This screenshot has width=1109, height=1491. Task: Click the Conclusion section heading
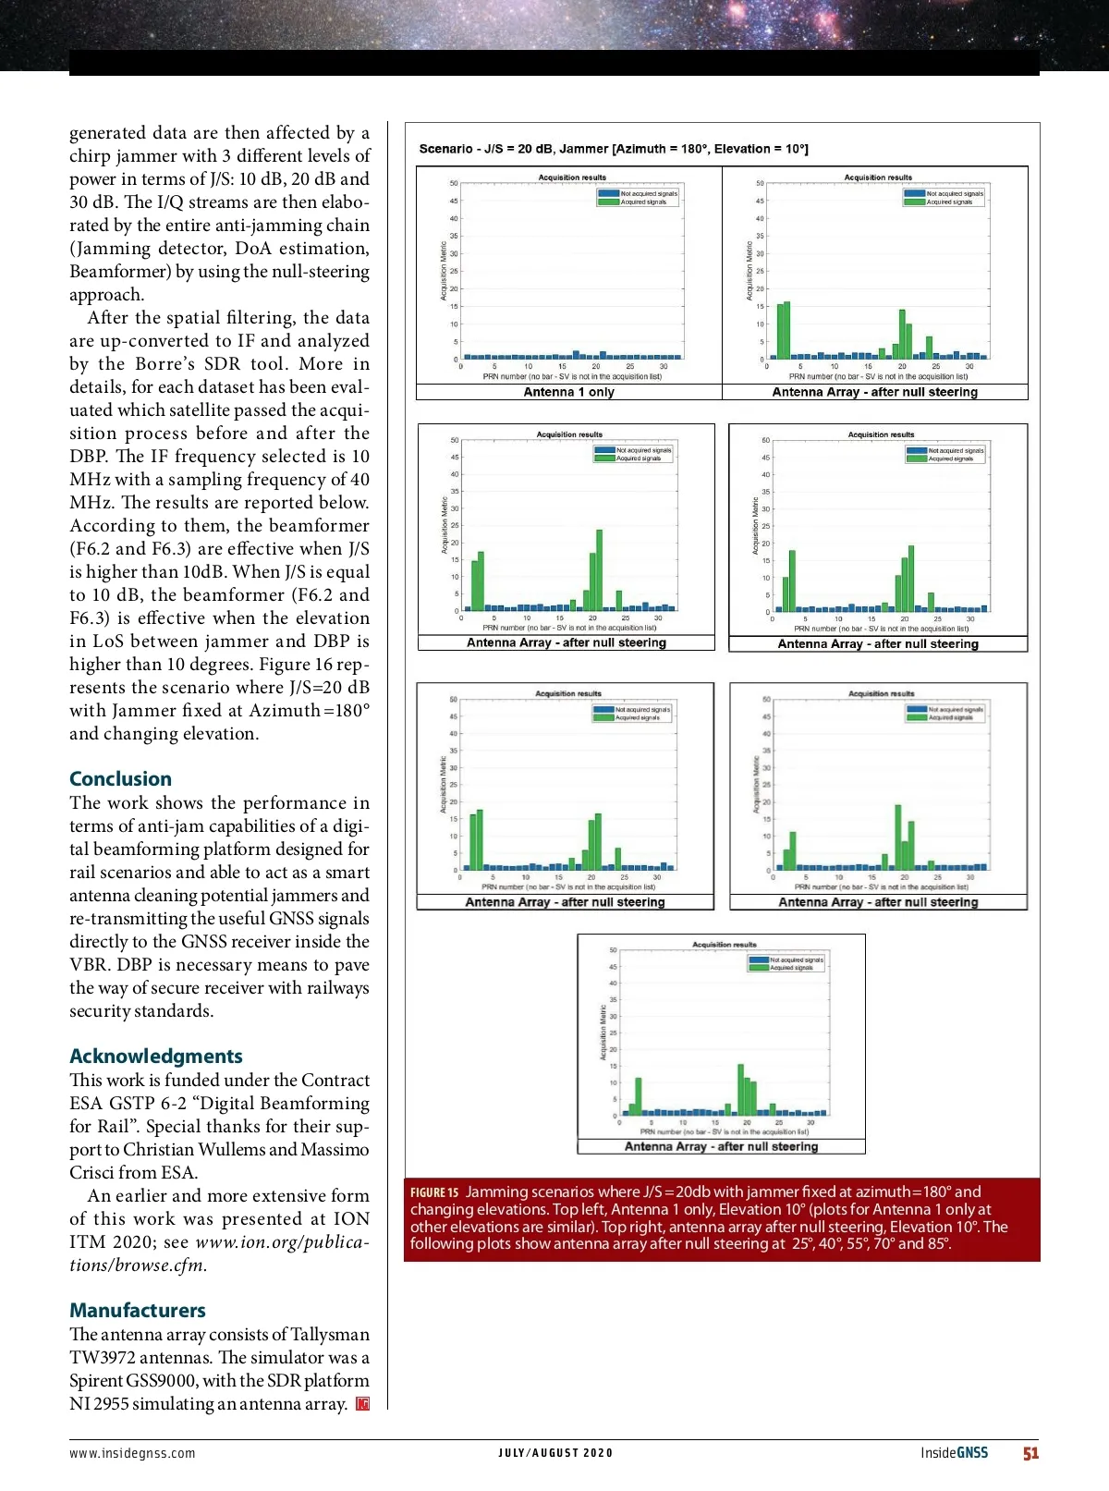pos(120,778)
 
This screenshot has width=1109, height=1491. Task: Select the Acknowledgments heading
pos(155,1056)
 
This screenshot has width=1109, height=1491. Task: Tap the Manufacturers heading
pos(138,1310)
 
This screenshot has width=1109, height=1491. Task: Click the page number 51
pos(1030,1453)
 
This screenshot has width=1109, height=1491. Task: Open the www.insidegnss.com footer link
pos(132,1453)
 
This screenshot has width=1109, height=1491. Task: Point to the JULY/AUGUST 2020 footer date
pos(554,1453)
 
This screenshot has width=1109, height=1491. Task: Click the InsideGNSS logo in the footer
pos(954,1453)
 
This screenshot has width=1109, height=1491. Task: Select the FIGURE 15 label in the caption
pos(433,1192)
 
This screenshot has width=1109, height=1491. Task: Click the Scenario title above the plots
pos(613,149)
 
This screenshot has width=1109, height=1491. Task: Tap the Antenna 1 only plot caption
pos(568,392)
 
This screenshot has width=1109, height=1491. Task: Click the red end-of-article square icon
pos(363,1404)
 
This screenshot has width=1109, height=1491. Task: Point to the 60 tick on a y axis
pos(765,440)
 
